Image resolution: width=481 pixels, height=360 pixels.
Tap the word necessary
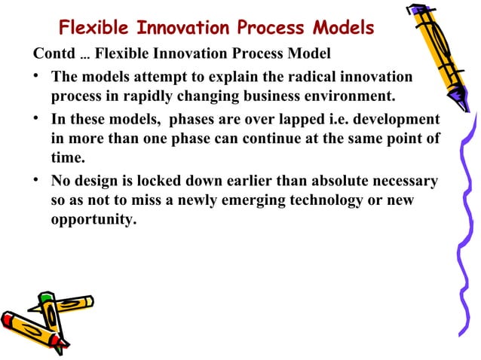pyautogui.click(x=399, y=182)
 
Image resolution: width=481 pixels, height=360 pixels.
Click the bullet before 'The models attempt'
pyautogui.click(x=38, y=78)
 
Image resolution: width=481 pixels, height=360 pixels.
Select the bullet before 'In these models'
pyautogui.click(x=38, y=121)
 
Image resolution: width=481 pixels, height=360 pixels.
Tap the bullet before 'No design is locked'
pyautogui.click(x=38, y=182)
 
